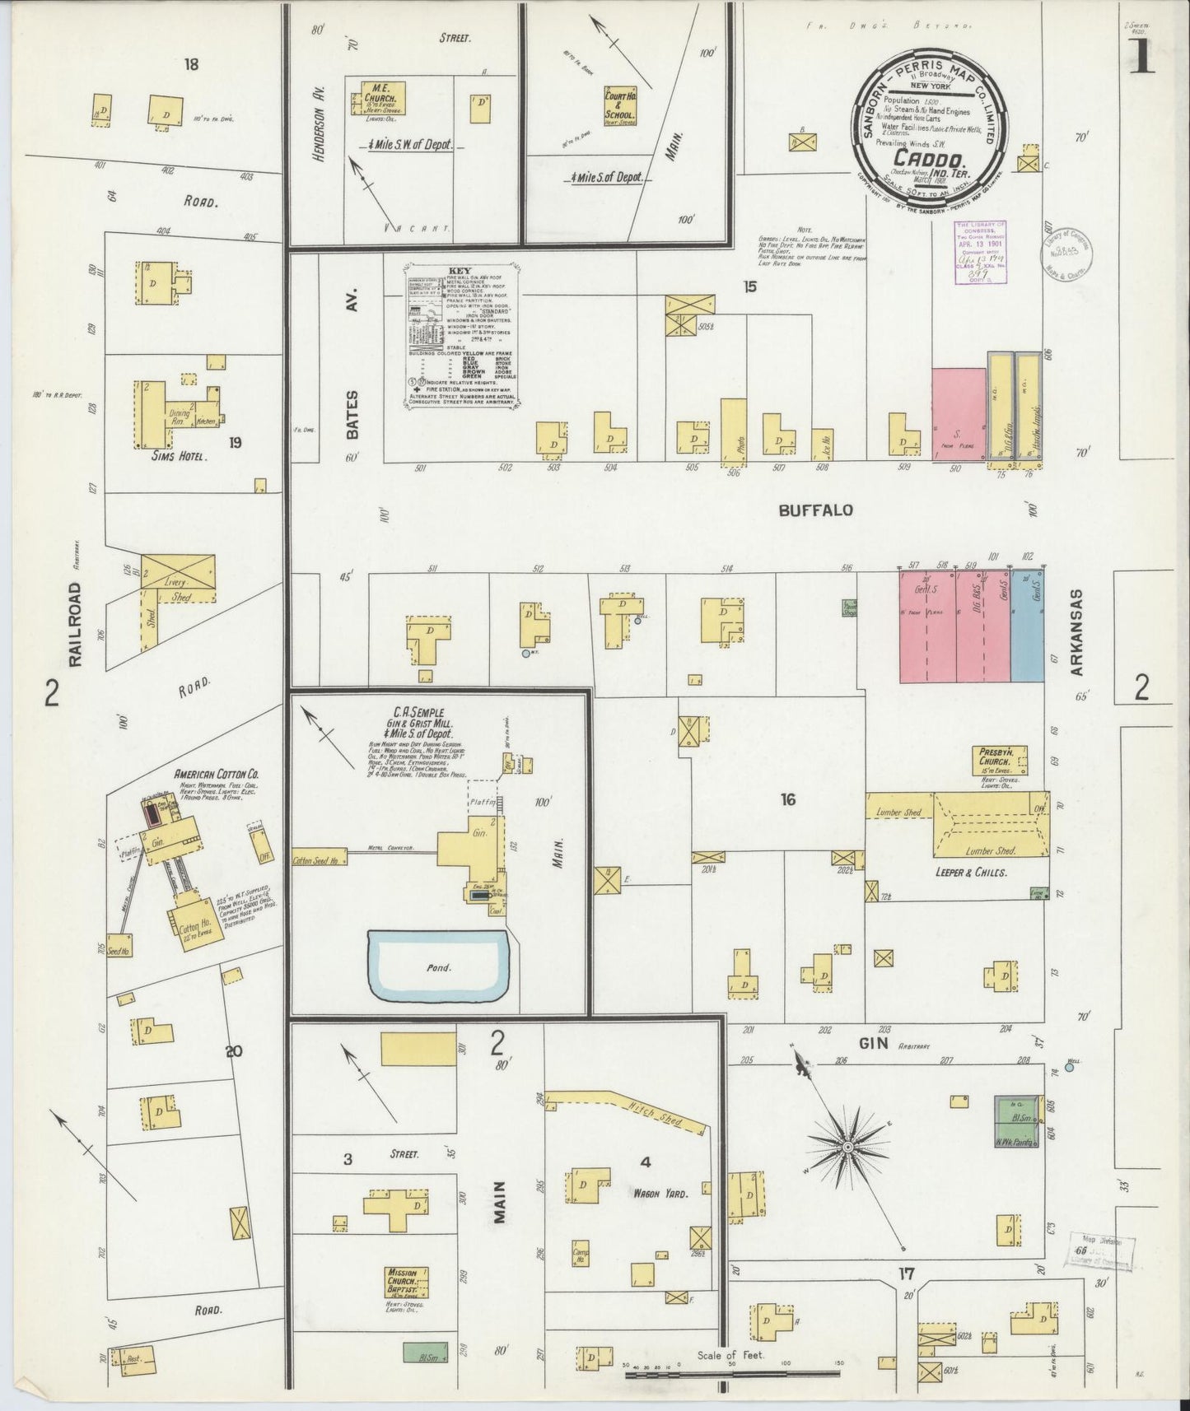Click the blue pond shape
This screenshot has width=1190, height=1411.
tap(438, 966)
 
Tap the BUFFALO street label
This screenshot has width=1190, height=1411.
tap(815, 510)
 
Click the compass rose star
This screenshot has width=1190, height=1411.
tap(847, 1146)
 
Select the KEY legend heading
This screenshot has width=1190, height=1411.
tap(460, 270)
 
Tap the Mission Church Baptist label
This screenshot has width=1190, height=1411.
tap(408, 1283)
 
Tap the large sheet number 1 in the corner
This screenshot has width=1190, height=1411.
tap(1142, 59)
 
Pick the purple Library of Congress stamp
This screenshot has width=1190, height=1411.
tap(979, 252)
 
